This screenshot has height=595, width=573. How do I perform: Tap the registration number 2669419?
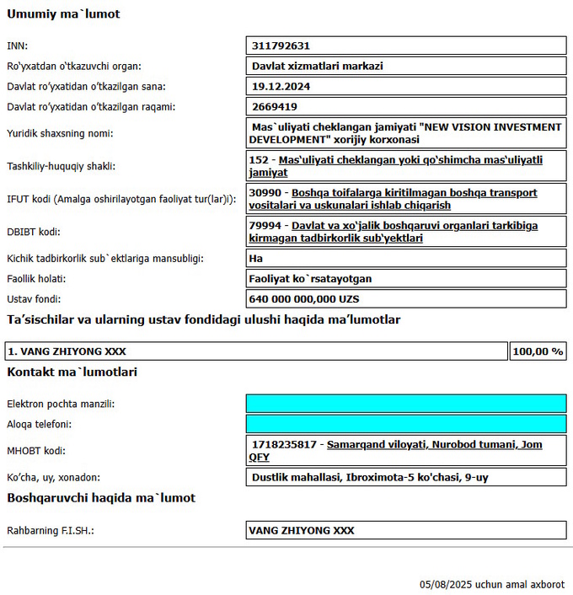(x=274, y=106)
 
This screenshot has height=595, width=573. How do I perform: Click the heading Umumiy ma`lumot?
(x=63, y=14)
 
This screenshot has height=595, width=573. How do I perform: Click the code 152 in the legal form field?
(x=260, y=159)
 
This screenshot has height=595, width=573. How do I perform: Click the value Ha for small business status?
(x=256, y=258)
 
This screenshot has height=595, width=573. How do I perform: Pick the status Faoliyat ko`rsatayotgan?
(x=310, y=278)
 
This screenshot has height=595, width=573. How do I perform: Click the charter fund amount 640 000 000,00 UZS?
(x=304, y=298)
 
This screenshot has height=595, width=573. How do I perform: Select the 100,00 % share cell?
(x=538, y=351)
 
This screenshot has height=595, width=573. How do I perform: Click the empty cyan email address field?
(x=405, y=404)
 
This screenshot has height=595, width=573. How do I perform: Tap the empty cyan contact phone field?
(x=405, y=424)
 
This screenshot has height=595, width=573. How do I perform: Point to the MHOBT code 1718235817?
(x=284, y=444)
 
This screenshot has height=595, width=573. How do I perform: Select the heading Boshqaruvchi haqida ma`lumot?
(x=101, y=498)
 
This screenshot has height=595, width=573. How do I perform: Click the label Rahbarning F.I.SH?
(x=51, y=530)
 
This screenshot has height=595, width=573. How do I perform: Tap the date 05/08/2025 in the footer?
(x=446, y=584)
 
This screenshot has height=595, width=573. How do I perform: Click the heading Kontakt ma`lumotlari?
(x=72, y=372)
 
